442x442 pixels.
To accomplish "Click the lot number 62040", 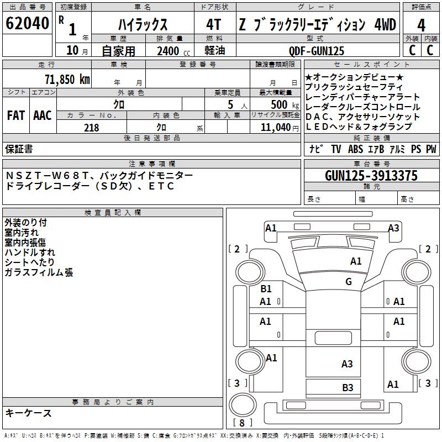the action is pyautogui.click(x=27, y=24).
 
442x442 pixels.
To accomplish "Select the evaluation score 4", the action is pyautogui.click(x=421, y=25).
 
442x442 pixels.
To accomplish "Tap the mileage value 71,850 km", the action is pyautogui.click(x=68, y=79).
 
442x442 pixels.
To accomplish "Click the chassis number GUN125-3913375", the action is pyautogui.click(x=371, y=176).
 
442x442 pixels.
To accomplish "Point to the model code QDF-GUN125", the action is pyautogui.click(x=317, y=51).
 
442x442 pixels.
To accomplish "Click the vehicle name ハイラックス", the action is pyautogui.click(x=143, y=25).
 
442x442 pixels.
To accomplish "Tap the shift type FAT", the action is pyautogui.click(x=15, y=115).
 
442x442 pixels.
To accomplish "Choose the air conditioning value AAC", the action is pyautogui.click(x=42, y=115).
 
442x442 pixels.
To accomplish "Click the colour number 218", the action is pyautogui.click(x=92, y=128).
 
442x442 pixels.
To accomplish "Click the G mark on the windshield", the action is pyautogui.click(x=349, y=282).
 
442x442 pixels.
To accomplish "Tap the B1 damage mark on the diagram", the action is pyautogui.click(x=266, y=289).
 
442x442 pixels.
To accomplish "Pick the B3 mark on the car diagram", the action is pyautogui.click(x=348, y=388).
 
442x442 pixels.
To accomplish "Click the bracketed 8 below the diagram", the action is pyautogui.click(x=242, y=423).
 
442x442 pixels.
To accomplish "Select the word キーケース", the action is pyautogui.click(x=28, y=413).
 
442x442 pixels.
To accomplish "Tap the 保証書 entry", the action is pyautogui.click(x=19, y=149).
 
